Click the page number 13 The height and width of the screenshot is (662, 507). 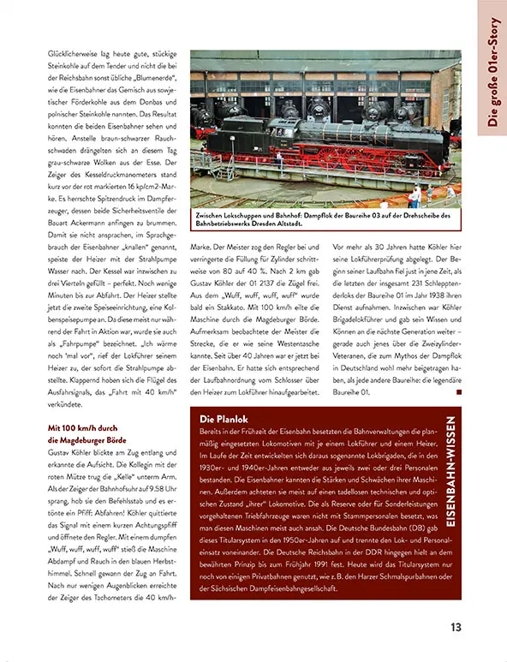456,626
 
